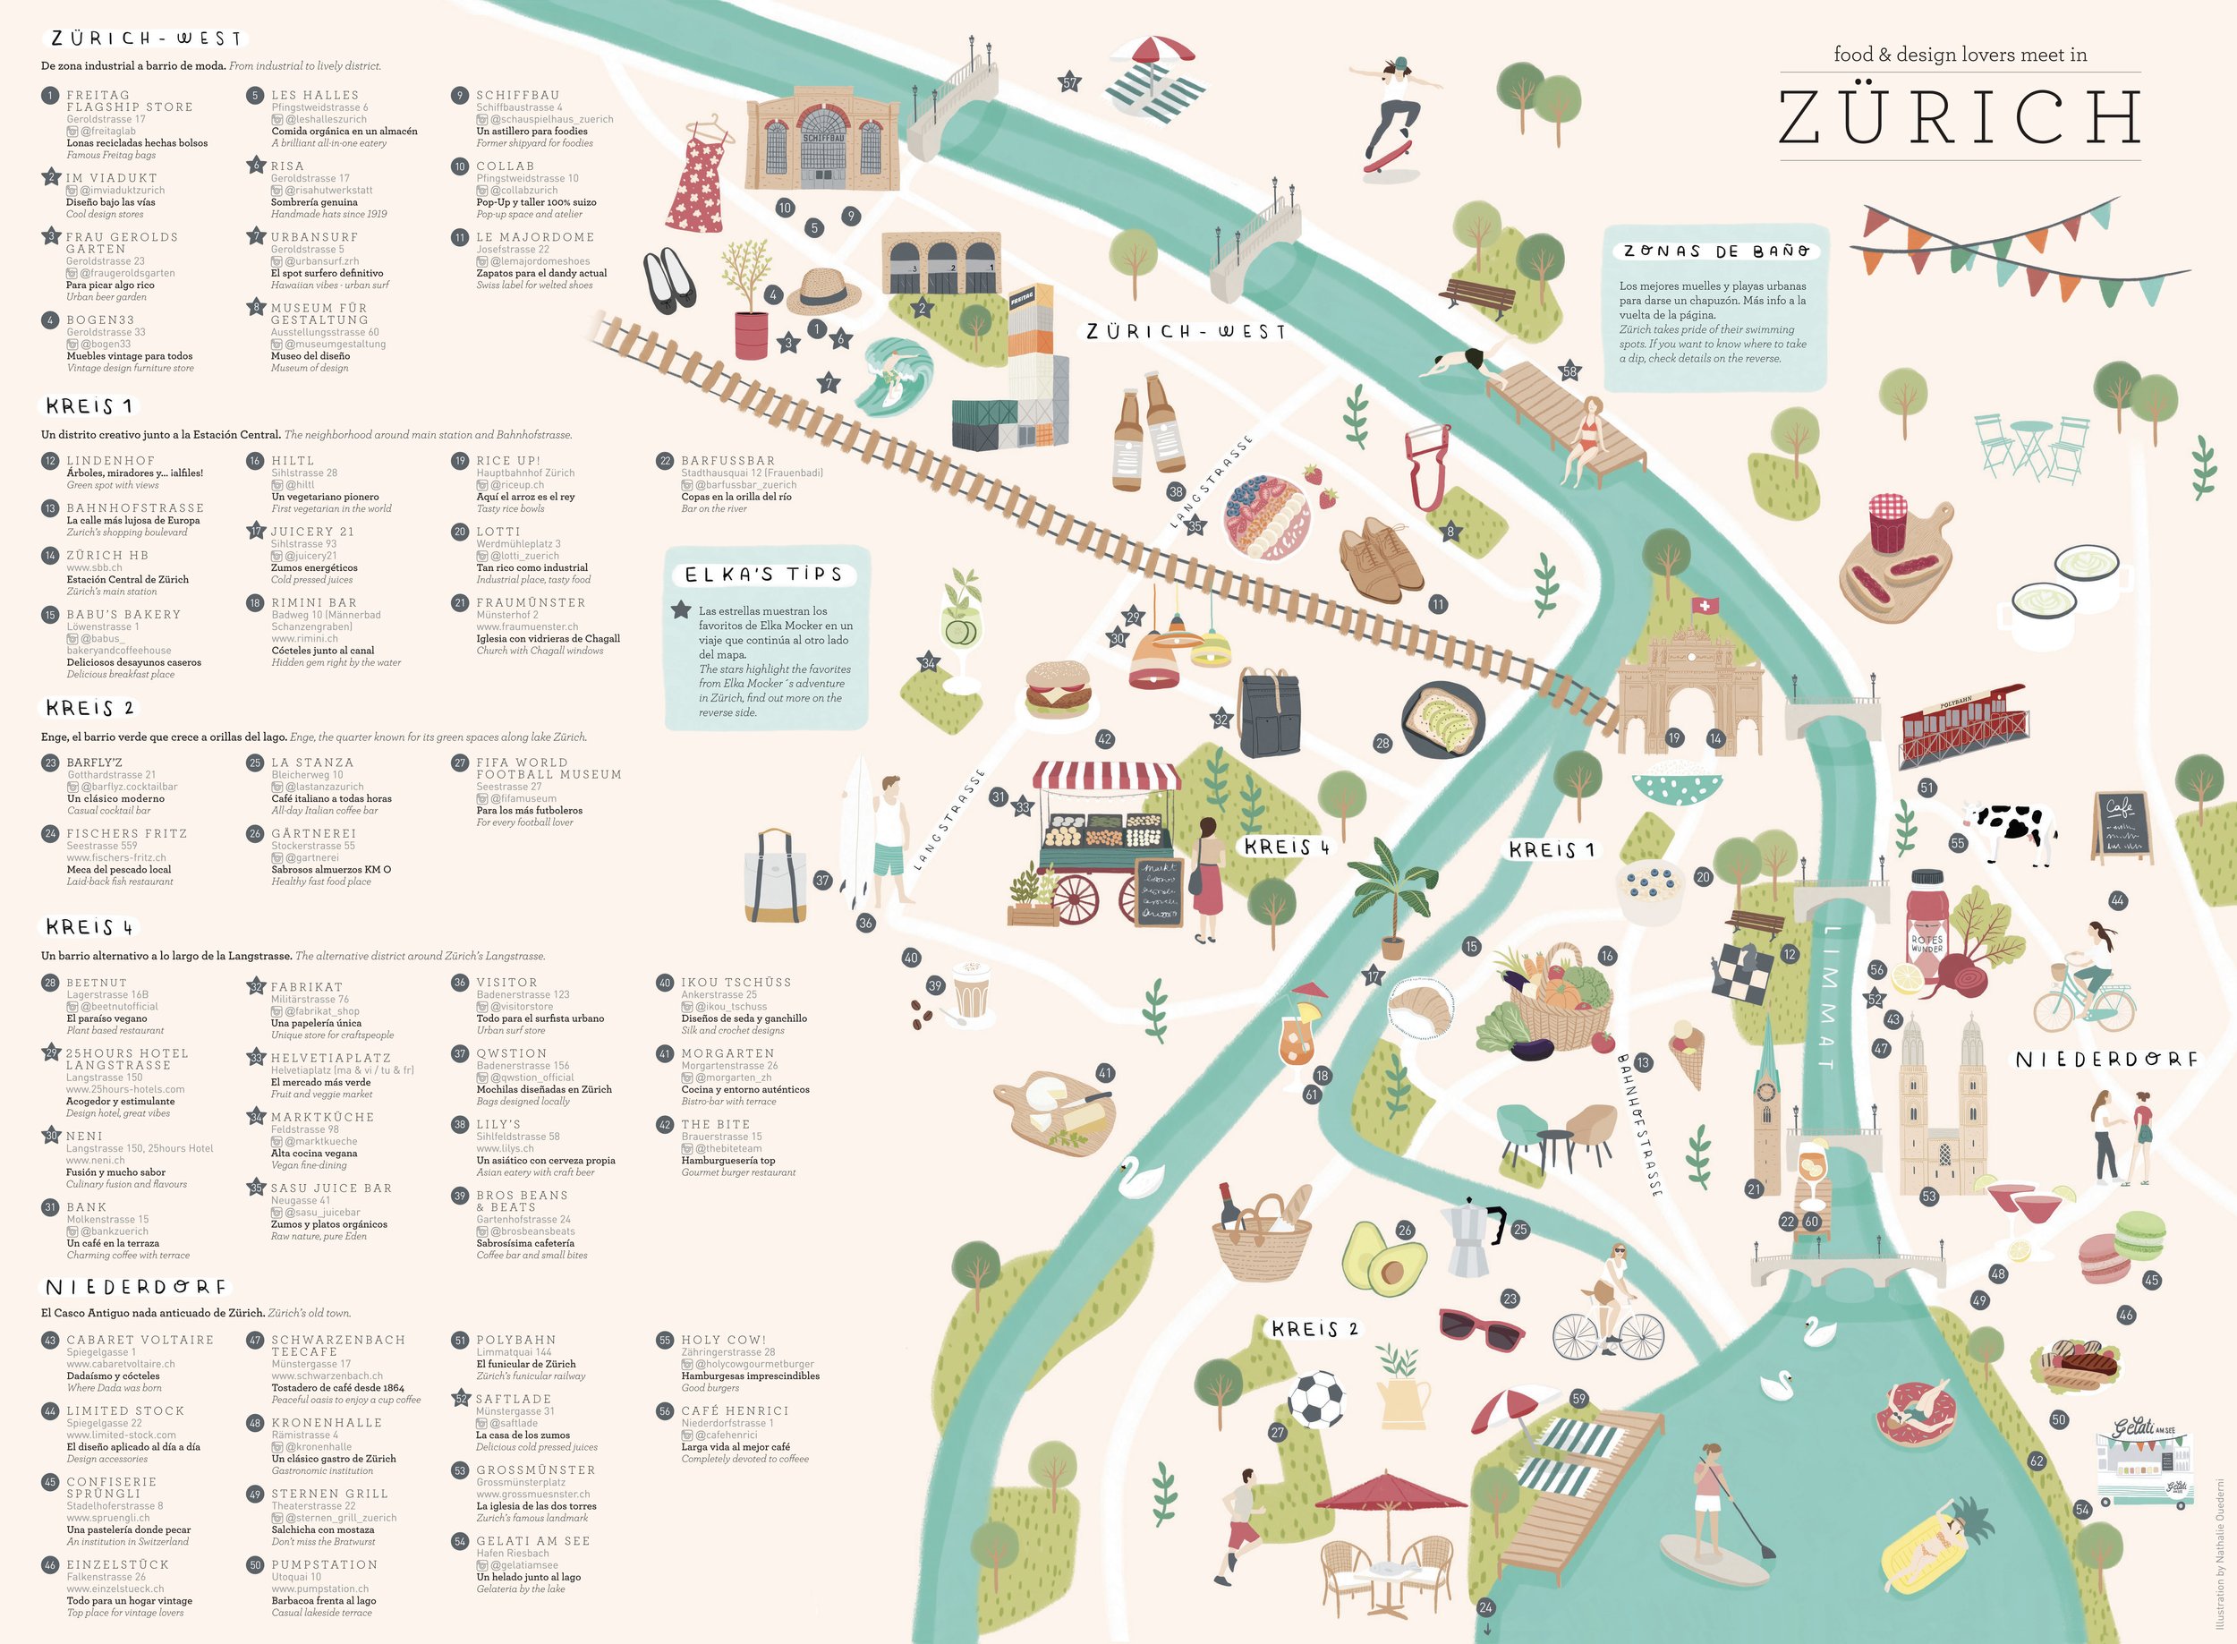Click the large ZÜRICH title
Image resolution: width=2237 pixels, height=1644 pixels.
(1959, 117)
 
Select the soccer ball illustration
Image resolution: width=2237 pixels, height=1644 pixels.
(1315, 1398)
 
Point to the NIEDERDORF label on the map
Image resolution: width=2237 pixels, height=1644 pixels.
(2105, 1060)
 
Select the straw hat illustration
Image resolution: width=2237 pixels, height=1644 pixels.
(824, 291)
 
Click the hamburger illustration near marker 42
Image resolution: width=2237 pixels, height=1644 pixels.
(1057, 688)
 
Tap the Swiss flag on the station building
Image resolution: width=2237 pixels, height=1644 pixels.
(1705, 605)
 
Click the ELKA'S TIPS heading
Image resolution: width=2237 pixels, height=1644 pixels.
(763, 575)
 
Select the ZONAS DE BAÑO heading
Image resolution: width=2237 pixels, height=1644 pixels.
(1715, 251)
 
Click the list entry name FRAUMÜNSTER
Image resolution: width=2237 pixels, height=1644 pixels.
(531, 603)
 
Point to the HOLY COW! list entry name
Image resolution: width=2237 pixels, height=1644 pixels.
(723, 1340)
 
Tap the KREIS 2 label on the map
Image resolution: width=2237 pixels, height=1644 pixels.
(1314, 1329)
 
